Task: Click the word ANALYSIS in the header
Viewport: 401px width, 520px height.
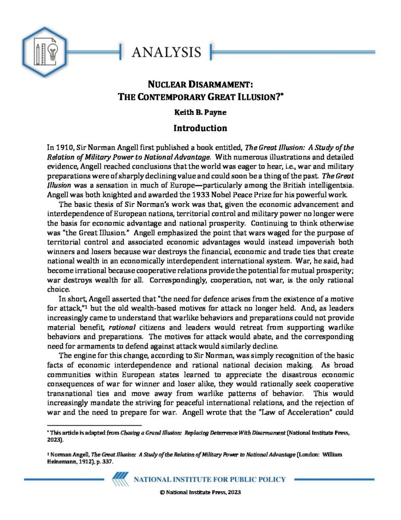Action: (x=166, y=52)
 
